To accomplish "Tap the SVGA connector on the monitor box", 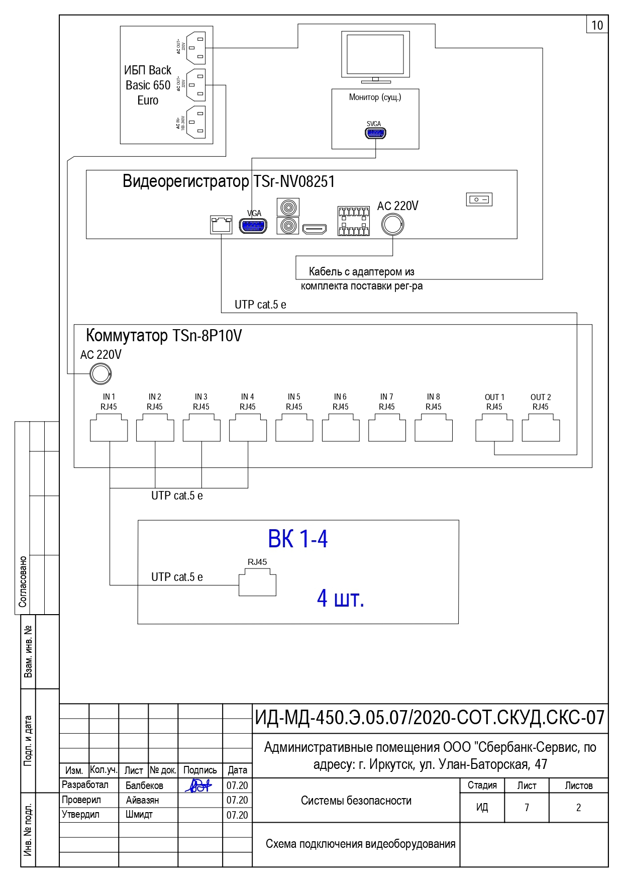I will pyautogui.click(x=375, y=133).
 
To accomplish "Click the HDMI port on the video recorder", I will pyautogui.click(x=315, y=229).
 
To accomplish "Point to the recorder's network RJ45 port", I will pyautogui.click(x=221, y=225).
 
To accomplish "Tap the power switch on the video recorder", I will pyautogui.click(x=479, y=200).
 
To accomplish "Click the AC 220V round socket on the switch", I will pyautogui.click(x=100, y=374).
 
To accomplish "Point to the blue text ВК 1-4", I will pyautogui.click(x=297, y=539).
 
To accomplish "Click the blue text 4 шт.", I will pyautogui.click(x=340, y=598).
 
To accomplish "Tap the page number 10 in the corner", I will pyautogui.click(x=597, y=25).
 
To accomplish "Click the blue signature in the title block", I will pyautogui.click(x=199, y=786).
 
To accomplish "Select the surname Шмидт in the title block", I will pyautogui.click(x=139, y=815).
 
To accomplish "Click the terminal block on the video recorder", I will pyautogui.click(x=354, y=221).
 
